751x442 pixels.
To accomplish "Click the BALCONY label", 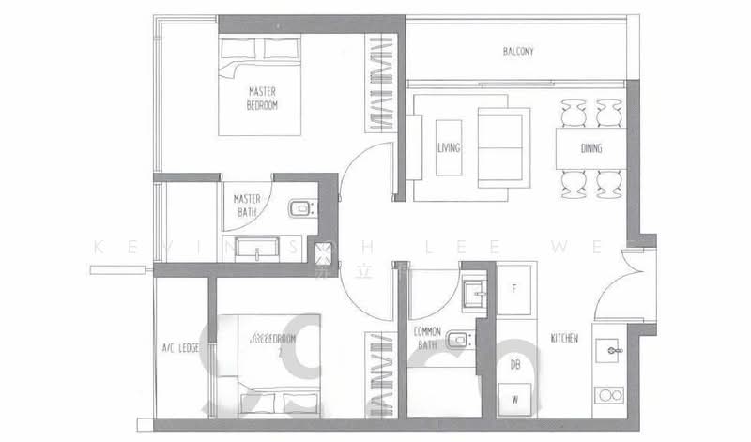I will (518, 53).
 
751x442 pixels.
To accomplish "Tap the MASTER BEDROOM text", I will (262, 98).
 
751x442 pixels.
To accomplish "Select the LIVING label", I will (447, 147).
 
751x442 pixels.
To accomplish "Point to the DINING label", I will (590, 148).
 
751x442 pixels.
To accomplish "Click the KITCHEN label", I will (563, 338).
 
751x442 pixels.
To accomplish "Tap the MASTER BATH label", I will (246, 206).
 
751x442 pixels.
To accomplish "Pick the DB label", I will (514, 364).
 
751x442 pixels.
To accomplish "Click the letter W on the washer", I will (514, 400).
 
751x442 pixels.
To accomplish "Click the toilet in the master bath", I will (299, 207).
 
